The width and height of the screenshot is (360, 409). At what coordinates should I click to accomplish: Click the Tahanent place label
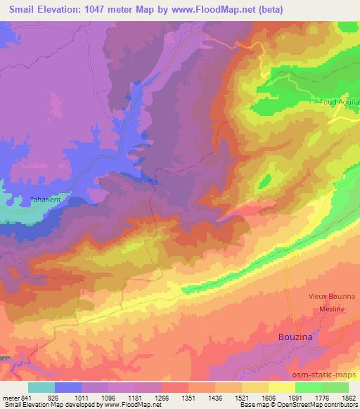[46, 200]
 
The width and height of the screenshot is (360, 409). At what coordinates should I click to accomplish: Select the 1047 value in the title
[101, 9]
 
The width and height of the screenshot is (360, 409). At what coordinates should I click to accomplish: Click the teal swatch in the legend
[41, 387]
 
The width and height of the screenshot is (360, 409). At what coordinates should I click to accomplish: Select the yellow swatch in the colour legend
[281, 387]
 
